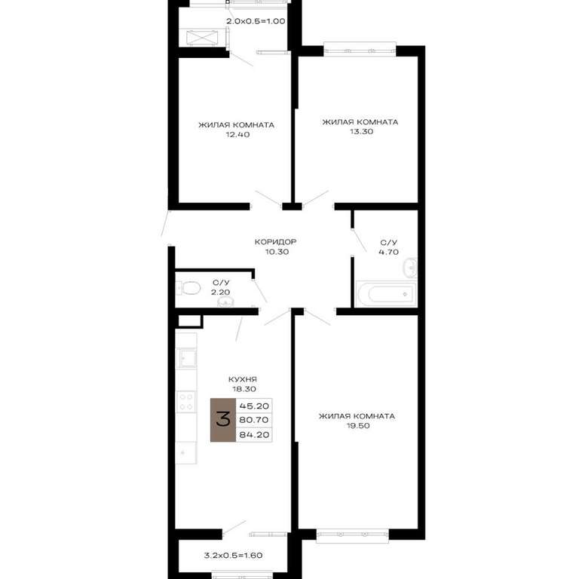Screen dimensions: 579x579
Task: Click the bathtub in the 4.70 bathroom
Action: click(x=386, y=294)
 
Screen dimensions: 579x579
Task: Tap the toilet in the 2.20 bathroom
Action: click(x=188, y=288)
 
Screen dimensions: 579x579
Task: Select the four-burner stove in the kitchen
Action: click(x=186, y=402)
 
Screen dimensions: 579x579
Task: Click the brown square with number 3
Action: click(x=223, y=420)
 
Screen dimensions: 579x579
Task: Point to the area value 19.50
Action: click(x=358, y=426)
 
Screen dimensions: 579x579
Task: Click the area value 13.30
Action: click(x=362, y=131)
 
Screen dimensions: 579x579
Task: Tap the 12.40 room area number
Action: click(x=237, y=134)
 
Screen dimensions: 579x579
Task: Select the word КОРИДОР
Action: click(x=275, y=242)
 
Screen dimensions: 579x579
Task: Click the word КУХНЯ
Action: click(x=243, y=379)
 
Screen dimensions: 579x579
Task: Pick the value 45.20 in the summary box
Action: click(x=254, y=406)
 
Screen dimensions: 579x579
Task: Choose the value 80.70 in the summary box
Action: click(x=254, y=420)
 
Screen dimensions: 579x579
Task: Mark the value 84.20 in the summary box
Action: click(x=254, y=434)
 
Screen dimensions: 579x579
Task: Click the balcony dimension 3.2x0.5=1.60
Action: click(x=234, y=555)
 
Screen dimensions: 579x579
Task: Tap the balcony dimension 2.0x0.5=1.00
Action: click(x=256, y=21)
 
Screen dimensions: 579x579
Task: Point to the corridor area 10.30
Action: click(x=277, y=252)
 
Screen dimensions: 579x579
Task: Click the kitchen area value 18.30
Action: click(x=244, y=389)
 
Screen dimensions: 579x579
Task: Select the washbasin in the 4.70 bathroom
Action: click(x=411, y=268)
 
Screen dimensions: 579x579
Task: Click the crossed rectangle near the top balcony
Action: click(x=202, y=38)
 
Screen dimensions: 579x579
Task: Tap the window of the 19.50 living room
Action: click(x=352, y=535)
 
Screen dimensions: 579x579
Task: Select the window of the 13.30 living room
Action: click(x=360, y=49)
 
